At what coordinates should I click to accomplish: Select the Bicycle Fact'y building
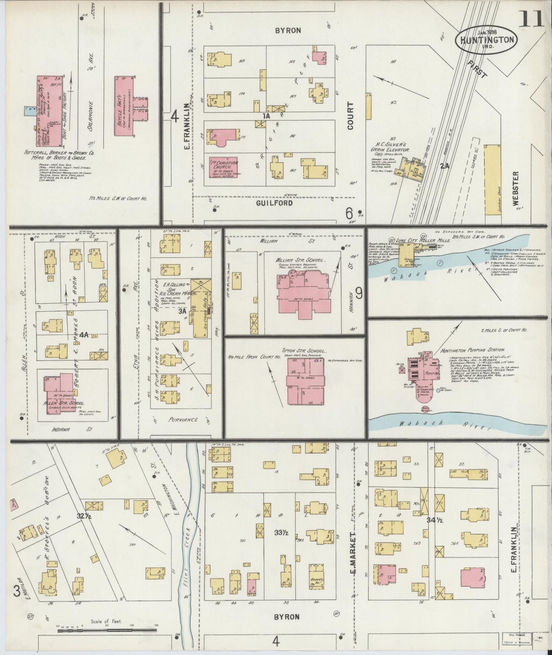click(x=123, y=106)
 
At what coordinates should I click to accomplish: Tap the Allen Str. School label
click(x=64, y=403)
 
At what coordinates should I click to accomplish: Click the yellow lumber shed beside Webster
click(x=492, y=184)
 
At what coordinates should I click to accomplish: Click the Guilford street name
click(x=274, y=203)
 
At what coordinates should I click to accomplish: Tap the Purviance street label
click(x=183, y=420)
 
